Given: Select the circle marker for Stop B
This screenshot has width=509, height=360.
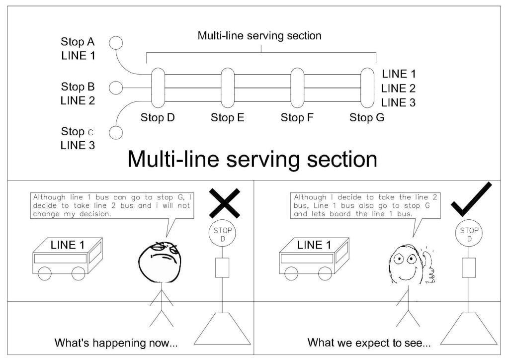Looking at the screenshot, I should pos(115,88).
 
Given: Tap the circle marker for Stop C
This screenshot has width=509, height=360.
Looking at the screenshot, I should pos(115,133).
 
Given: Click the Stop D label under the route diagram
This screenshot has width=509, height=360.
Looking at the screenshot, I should pos(158,118).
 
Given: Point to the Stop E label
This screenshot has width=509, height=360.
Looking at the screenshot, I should pos(228,118).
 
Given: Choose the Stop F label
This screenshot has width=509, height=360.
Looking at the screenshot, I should pos(298,118).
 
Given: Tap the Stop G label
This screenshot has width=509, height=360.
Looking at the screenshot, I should pos(367,118).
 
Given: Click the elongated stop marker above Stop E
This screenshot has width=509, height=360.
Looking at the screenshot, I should pos(228,88).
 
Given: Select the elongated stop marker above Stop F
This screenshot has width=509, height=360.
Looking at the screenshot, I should pos(297,88).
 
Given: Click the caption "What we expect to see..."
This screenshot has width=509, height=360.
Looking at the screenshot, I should pos(369,343).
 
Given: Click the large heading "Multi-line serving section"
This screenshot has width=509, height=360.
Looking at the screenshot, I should pos(252,159).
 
